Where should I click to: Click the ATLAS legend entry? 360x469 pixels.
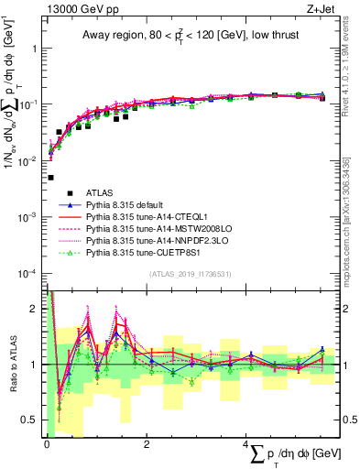[x=100, y=192]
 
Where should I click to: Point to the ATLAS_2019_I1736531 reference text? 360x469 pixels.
[x=188, y=274]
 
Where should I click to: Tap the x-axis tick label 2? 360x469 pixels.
[x=147, y=444]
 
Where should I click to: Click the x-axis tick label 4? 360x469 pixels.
[x=246, y=444]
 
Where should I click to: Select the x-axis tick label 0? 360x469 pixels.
[x=47, y=444]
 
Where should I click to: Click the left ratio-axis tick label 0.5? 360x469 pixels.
[x=29, y=420]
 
